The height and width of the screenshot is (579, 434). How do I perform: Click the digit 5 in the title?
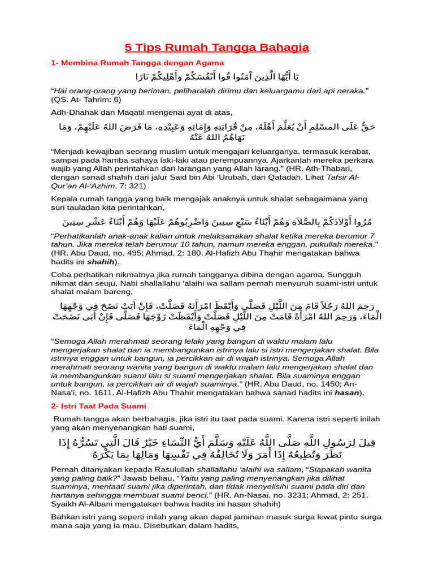[x=128, y=47]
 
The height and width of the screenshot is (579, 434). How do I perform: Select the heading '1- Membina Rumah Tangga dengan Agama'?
[x=137, y=62]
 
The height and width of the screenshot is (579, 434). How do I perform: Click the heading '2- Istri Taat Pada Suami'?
[x=98, y=406]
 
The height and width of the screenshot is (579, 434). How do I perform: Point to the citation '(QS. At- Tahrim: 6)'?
[x=86, y=99]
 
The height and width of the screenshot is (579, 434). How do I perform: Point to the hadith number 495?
[x=142, y=253]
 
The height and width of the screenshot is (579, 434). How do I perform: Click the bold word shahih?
[x=101, y=262]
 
